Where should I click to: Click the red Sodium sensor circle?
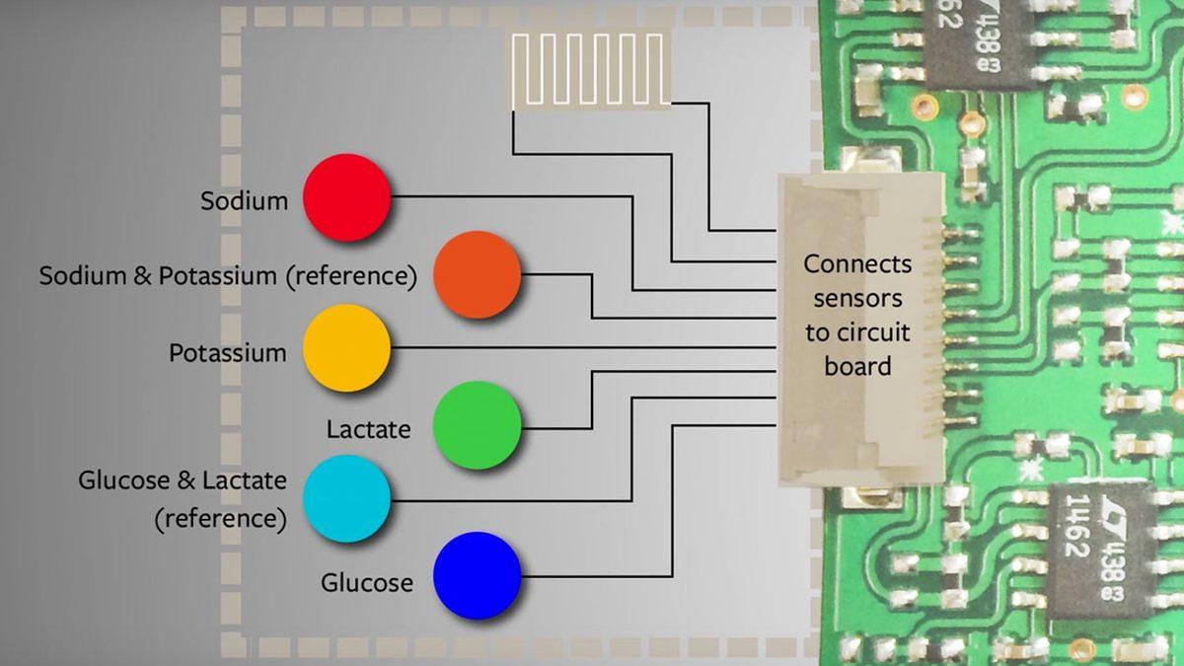click(346, 197)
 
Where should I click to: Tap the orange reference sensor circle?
click(478, 275)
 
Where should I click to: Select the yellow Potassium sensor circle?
click(346, 348)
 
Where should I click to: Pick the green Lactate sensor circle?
click(478, 425)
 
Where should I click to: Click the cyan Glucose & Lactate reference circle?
click(346, 498)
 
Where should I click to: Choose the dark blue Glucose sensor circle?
click(478, 576)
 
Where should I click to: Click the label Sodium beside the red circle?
click(244, 201)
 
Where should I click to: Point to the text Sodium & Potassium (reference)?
click(228, 275)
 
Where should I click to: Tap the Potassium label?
click(227, 353)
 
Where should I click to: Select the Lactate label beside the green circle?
click(368, 430)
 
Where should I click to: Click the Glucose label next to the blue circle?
click(366, 583)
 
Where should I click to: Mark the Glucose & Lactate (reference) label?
click(183, 499)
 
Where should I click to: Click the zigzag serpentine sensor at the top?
click(589, 68)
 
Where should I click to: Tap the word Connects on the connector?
click(856, 264)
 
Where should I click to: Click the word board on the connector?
click(856, 366)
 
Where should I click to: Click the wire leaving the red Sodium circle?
click(513, 195)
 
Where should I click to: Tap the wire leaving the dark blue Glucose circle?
click(592, 576)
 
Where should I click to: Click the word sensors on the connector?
click(856, 298)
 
